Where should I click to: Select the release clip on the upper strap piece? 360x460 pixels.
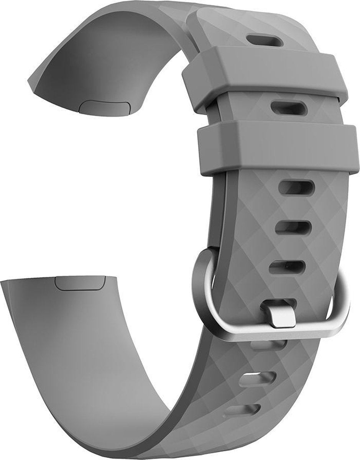click(x=104, y=108)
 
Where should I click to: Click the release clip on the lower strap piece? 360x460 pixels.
click(x=81, y=282)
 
